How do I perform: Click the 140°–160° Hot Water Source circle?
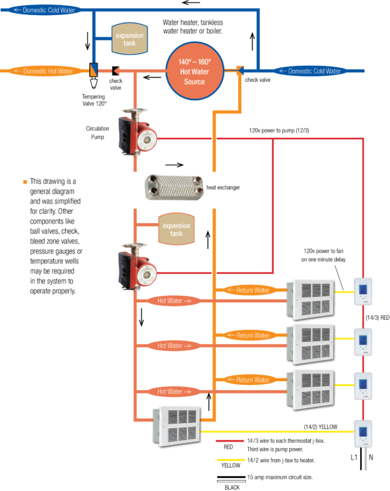pos(194,71)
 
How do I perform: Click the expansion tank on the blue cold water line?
pos(129,38)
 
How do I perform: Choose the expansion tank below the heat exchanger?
pos(176,230)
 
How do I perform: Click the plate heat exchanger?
pos(174,187)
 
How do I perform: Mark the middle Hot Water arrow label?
pos(170,345)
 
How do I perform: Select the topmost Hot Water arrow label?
pos(170,300)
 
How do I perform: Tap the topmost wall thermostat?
pos(363,291)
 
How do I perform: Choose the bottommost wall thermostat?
pos(363,433)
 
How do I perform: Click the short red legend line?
pos(229,441)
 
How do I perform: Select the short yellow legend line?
pos(230,460)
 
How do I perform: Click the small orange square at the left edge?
pos(25,181)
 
